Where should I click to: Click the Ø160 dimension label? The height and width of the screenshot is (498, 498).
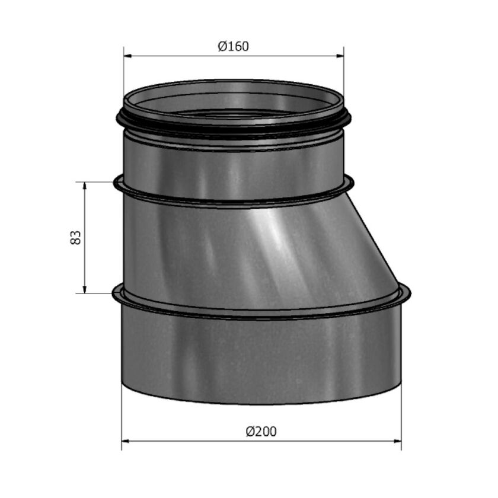click(233, 46)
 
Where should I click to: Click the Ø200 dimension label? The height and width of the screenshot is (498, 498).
click(261, 431)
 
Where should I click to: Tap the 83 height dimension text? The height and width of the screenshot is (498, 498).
click(75, 238)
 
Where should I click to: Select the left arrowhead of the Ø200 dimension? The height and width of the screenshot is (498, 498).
click(126, 441)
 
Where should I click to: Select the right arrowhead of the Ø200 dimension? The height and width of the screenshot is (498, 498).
click(397, 441)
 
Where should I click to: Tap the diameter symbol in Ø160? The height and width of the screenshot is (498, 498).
click(222, 46)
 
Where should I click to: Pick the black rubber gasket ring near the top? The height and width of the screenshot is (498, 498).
click(232, 127)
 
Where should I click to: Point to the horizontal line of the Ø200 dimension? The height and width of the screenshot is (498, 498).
click(196, 441)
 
